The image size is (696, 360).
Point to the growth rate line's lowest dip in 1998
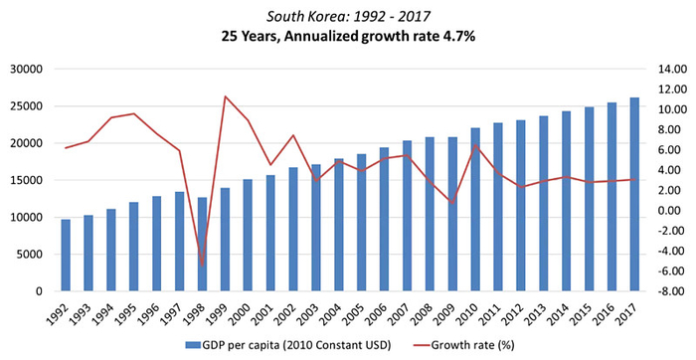point(203,265)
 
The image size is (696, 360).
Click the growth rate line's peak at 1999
point(226,96)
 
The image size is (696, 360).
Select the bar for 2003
point(316,228)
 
